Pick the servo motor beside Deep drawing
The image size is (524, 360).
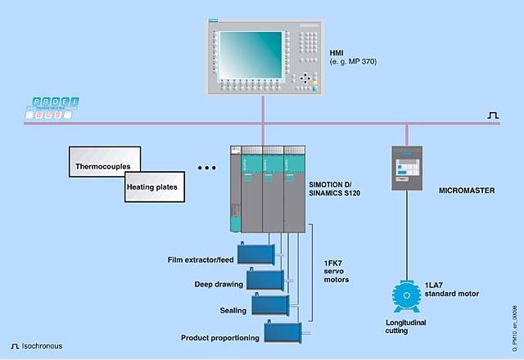coord(265,280)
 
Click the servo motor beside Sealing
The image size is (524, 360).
coord(273,304)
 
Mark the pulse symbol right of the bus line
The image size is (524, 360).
coord(493,116)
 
